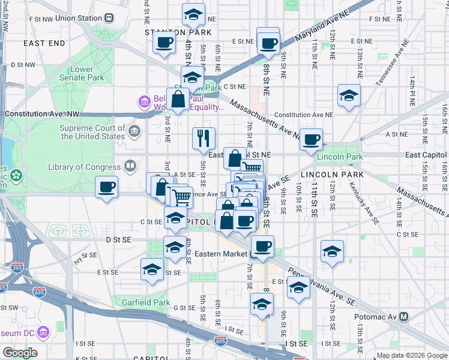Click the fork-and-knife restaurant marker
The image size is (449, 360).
[x=203, y=138]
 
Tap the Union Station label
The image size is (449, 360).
[x=78, y=18]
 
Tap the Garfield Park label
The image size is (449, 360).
[x=143, y=302]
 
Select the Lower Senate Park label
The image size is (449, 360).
[x=81, y=73]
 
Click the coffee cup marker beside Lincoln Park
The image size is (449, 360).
[x=311, y=139]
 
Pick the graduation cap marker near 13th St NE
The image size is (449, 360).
[x=348, y=95]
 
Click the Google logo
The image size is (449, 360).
[x=20, y=353]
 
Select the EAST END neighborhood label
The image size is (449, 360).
[x=44, y=43]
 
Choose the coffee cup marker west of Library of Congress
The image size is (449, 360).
[x=106, y=187]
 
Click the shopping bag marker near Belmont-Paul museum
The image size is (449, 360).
[x=178, y=98]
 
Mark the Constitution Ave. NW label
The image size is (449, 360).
[x=42, y=113]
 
